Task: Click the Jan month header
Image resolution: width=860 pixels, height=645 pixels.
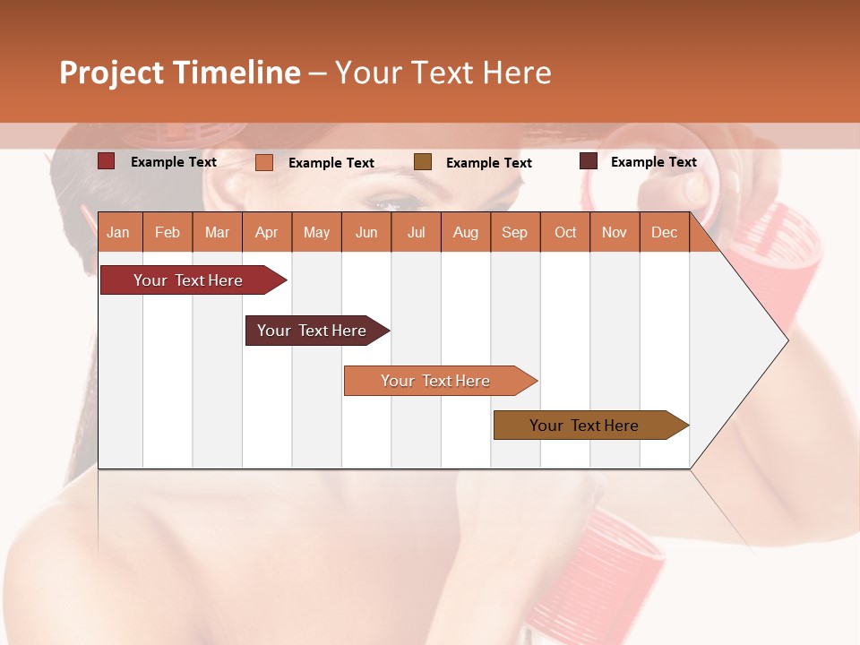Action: point(118,232)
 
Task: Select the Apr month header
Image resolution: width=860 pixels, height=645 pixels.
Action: point(266,232)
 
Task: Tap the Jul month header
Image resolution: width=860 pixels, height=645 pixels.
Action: point(416,232)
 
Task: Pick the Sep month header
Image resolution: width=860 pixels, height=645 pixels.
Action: point(514,232)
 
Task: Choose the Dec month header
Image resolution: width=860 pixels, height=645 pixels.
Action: point(664,232)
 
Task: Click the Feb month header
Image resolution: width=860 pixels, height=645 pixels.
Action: point(168,232)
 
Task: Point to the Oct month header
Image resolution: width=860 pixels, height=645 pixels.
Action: point(565,232)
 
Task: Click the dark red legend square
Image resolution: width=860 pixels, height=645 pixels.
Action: point(107,161)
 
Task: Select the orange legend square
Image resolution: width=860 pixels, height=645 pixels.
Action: point(264,162)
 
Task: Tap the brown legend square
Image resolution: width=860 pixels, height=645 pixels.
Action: point(423,162)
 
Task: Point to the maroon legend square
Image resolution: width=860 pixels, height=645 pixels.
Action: point(589,161)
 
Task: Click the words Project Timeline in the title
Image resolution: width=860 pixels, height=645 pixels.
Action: point(180,73)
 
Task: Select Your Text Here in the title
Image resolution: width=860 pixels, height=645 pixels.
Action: point(443,73)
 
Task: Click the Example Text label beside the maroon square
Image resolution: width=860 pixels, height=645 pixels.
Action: point(653,162)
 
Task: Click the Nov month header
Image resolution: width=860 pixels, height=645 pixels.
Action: point(615,232)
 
